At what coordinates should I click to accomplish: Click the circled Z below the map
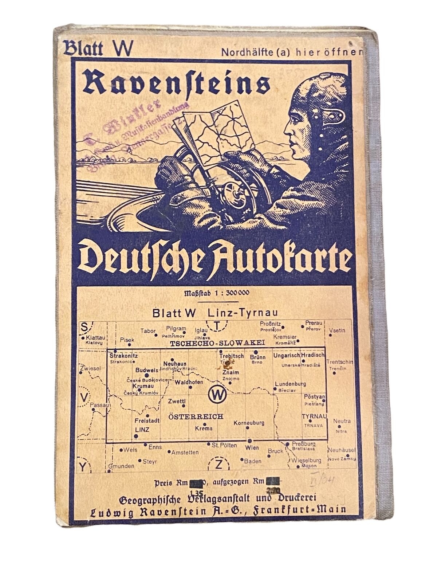[218, 464]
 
